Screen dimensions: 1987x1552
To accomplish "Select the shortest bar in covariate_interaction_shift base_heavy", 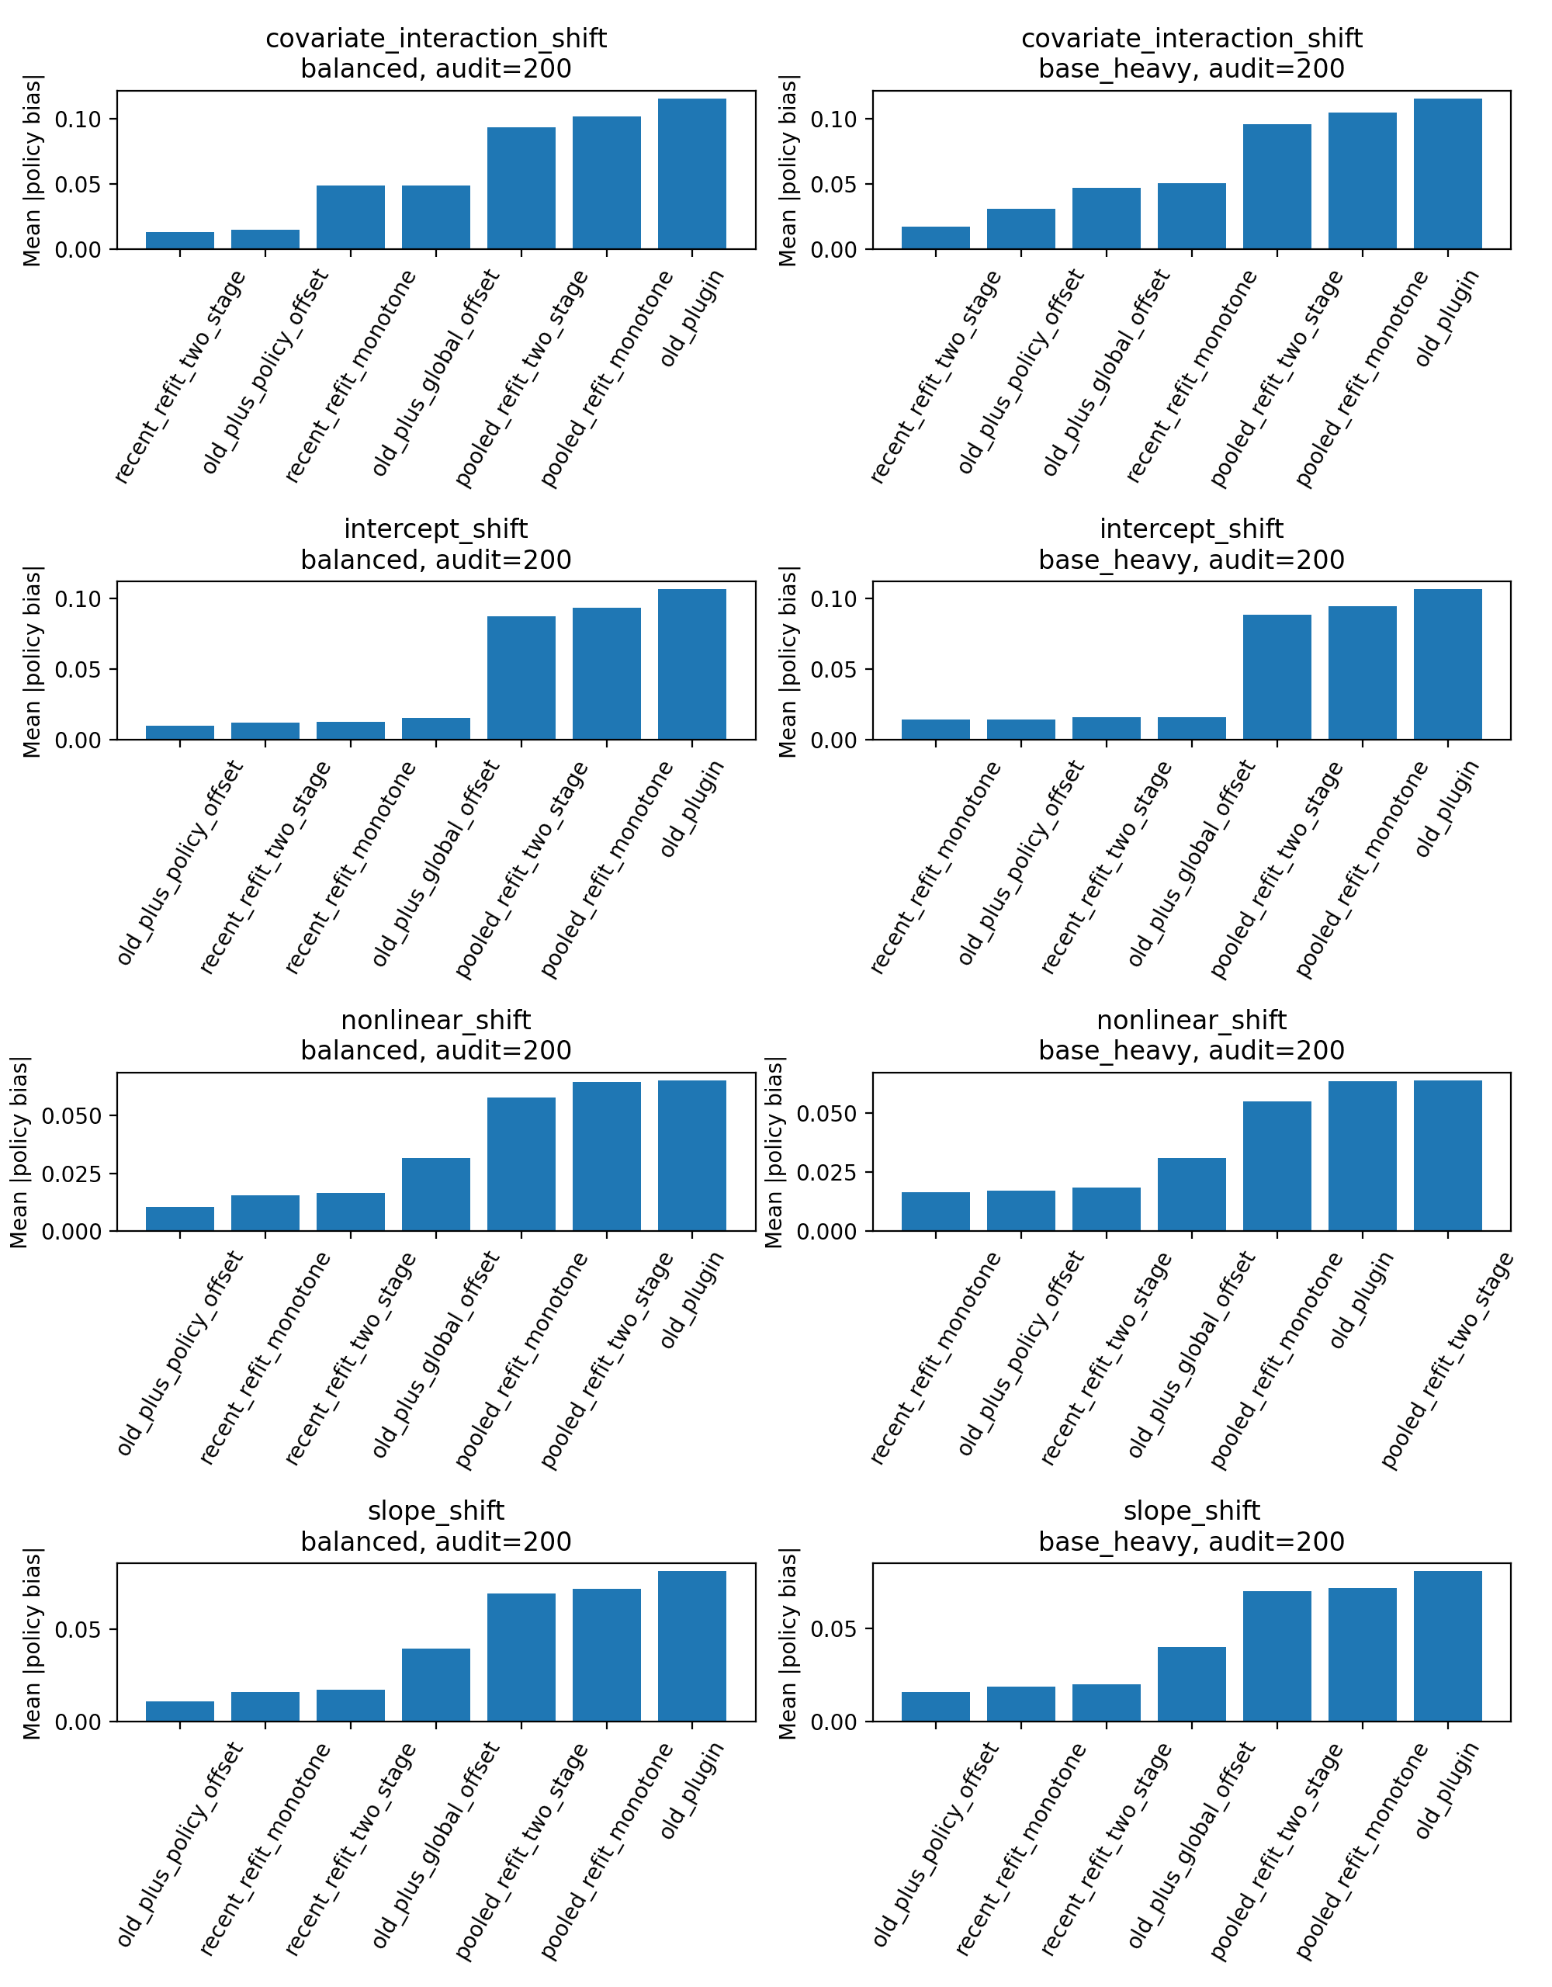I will coord(935,238).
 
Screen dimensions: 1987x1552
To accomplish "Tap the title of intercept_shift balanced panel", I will coord(436,544).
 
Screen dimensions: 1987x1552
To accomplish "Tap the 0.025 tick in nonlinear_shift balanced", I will coord(78,1174).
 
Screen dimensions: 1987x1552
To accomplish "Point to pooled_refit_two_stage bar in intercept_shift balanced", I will coord(521,678).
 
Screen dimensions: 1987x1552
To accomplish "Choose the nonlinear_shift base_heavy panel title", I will coord(1191,1035).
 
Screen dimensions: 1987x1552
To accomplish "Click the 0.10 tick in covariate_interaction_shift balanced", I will coord(78,120).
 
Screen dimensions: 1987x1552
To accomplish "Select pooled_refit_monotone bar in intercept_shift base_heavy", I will coord(1362,672).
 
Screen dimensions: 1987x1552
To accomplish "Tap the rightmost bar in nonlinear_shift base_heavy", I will coord(1447,1156).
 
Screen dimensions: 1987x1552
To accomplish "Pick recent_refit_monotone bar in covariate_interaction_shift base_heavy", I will coord(1192,216).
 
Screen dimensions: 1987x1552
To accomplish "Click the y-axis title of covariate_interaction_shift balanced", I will coord(32,171).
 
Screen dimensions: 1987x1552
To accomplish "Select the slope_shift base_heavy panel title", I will coord(1191,1526).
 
